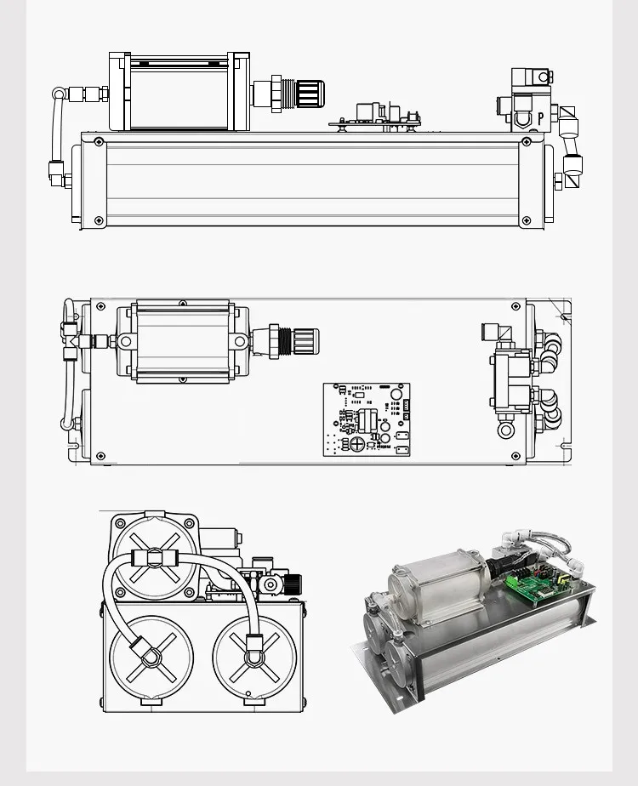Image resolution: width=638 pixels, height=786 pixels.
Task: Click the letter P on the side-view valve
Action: point(540,119)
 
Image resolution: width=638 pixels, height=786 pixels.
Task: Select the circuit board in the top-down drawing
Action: point(367,419)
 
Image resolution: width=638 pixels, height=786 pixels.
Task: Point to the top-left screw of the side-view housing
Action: point(100,141)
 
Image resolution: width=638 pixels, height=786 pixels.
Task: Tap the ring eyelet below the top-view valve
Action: point(507,429)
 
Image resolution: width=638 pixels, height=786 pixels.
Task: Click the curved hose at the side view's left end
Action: point(56,128)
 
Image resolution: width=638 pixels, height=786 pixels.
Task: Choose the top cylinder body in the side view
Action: point(179,94)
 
